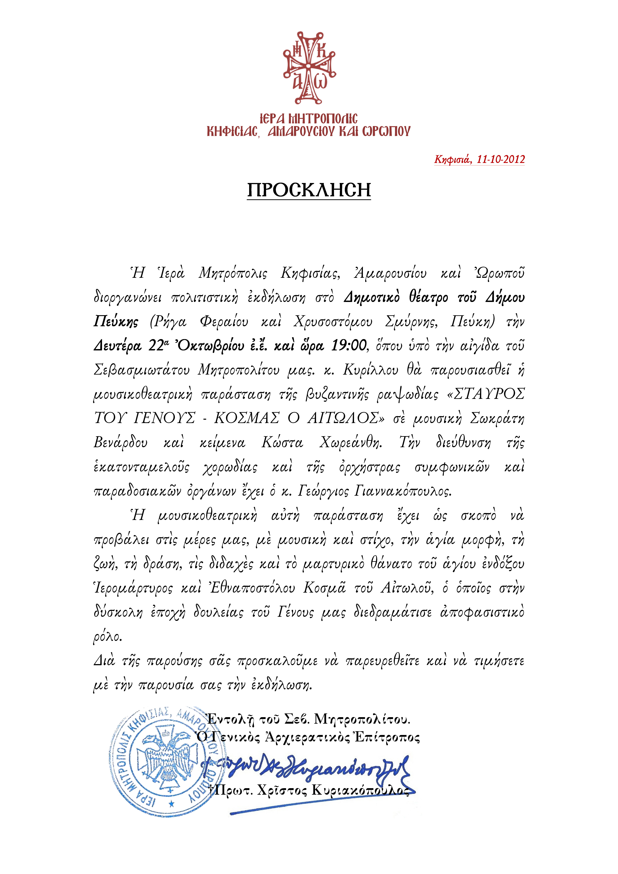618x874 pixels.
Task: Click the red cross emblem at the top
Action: pyautogui.click(x=309, y=67)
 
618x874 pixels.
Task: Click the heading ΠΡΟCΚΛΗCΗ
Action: pyautogui.click(x=309, y=190)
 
